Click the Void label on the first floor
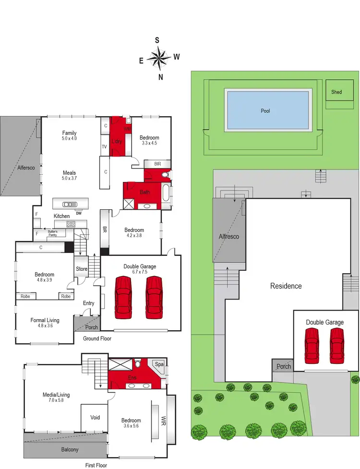[95, 418]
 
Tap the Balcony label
[70, 450]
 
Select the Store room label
[82, 269]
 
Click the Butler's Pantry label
[56, 234]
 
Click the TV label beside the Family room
[104, 147]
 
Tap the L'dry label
[116, 142]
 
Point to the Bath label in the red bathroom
[145, 192]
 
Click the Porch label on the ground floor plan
[91, 327]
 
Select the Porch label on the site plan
[284, 367]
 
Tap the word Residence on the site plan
[286, 286]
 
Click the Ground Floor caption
[97, 338]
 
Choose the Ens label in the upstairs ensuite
[132, 378]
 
